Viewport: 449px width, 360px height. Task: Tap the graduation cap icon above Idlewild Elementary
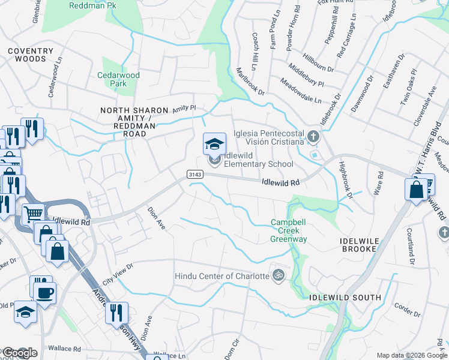click(x=214, y=144)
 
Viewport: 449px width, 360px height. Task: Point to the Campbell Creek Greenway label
click(x=289, y=230)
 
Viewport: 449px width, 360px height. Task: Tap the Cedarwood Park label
click(x=118, y=79)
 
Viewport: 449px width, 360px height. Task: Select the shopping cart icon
click(x=33, y=212)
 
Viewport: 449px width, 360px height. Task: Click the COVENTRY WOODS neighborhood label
click(x=26, y=55)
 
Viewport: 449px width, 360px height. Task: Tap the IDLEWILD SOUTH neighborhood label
click(x=345, y=298)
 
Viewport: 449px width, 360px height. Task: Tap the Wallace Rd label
click(x=64, y=349)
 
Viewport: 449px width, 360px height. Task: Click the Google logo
click(x=19, y=353)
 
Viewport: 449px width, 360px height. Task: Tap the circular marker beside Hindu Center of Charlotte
click(x=278, y=276)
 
